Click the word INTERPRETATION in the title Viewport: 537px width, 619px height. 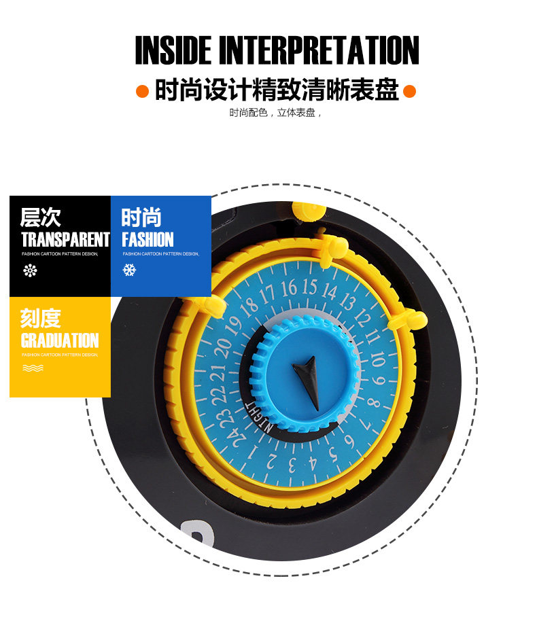pos(319,50)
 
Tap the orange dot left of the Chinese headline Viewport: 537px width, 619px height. pos(142,91)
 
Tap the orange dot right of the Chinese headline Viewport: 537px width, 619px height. pos(409,91)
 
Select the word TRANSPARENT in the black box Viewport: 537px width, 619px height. pos(65,240)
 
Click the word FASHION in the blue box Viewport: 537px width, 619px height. pos(148,240)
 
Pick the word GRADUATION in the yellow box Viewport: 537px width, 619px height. pos(60,340)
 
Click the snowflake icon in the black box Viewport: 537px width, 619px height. pos(30,270)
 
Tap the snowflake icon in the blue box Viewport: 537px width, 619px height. pos(128,270)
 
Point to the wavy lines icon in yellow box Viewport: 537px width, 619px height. pos(33,368)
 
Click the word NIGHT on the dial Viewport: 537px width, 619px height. pos(258,414)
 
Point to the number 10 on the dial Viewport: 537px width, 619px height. pos(377,358)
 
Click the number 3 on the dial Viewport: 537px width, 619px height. pos(291,465)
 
